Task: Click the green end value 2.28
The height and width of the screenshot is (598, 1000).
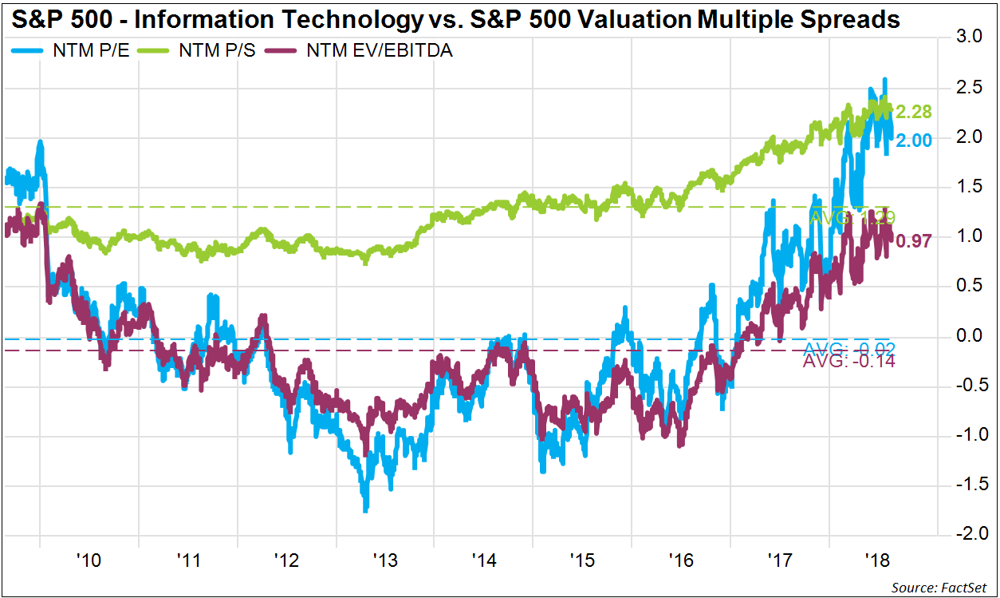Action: (913, 112)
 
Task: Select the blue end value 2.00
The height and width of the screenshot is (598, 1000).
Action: (913, 139)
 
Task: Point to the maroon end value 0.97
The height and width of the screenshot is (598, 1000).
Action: (913, 241)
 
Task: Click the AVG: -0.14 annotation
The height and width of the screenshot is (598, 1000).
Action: (848, 362)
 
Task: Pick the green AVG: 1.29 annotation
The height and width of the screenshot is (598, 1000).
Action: (848, 218)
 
